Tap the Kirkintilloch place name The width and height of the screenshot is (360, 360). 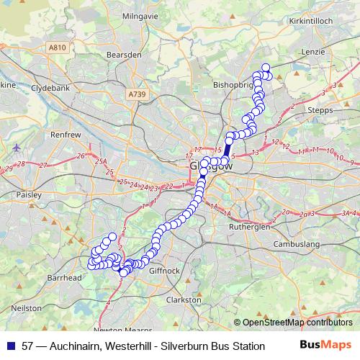(x=311, y=22)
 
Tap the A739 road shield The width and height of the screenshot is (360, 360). (x=136, y=94)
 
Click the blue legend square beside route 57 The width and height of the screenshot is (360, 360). (x=10, y=346)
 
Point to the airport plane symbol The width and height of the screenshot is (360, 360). (x=16, y=148)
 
